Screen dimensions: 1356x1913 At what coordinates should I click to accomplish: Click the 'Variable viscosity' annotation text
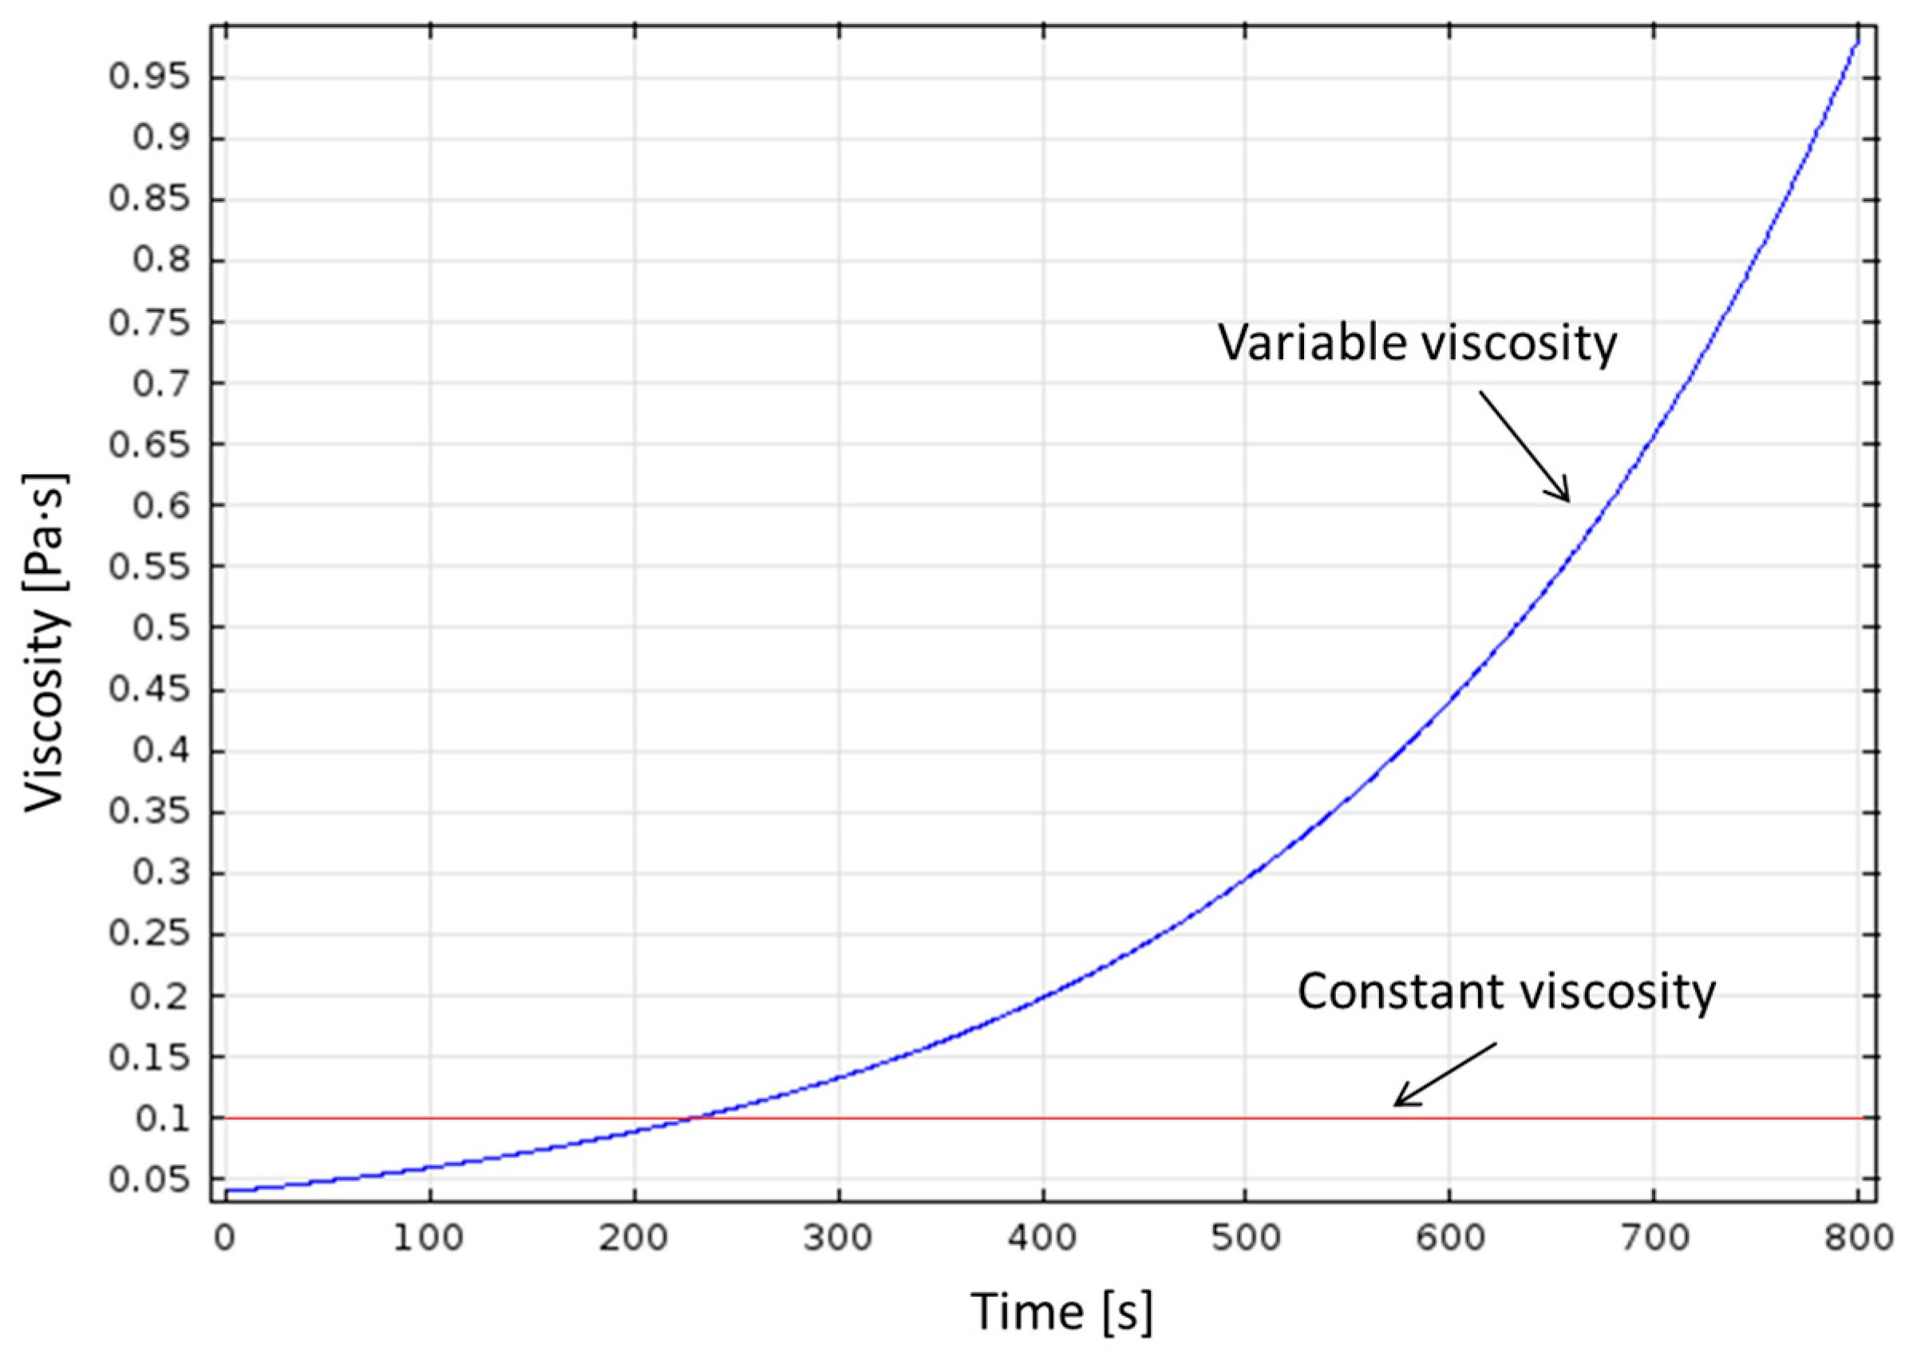tap(1417, 343)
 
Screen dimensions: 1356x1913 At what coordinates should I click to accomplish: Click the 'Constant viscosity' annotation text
tap(1506, 992)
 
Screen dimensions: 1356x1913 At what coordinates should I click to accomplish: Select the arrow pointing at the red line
tap(1445, 1074)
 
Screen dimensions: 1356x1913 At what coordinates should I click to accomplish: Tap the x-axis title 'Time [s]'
tap(1061, 1312)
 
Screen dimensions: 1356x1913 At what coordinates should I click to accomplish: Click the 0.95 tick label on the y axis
tap(148, 77)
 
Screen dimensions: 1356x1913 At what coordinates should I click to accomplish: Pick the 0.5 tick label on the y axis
tap(160, 627)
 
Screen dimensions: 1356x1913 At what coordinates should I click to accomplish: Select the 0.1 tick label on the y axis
tap(160, 1118)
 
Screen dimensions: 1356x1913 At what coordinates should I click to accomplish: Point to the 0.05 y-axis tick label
tap(148, 1180)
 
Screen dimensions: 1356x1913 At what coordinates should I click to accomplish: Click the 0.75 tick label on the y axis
tap(148, 322)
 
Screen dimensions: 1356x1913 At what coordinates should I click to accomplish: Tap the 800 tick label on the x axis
tap(1857, 1237)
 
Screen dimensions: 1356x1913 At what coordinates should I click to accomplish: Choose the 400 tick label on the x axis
tap(1042, 1237)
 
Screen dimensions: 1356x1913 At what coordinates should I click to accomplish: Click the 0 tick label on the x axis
tap(223, 1237)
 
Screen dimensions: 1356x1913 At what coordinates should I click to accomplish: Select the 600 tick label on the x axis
tap(1450, 1237)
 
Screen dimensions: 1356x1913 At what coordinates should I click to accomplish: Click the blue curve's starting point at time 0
tap(227, 1190)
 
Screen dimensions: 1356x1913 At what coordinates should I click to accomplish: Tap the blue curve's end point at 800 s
tap(1857, 39)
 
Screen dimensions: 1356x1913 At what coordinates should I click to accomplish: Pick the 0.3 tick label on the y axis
tap(160, 873)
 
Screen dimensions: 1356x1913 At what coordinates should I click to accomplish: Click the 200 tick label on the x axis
tap(634, 1237)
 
